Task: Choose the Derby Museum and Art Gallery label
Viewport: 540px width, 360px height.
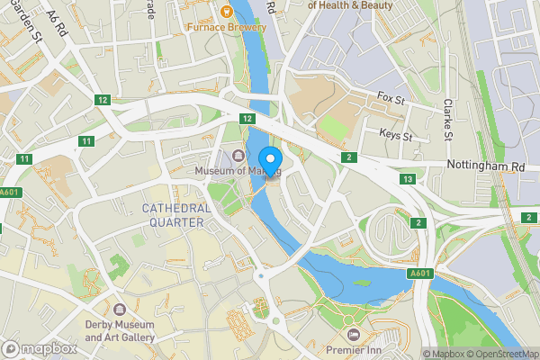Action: point(120,330)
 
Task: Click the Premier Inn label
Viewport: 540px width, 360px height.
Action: point(353,347)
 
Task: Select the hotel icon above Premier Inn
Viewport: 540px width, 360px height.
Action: point(353,332)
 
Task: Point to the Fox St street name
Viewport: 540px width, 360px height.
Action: point(393,96)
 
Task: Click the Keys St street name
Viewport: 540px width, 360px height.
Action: point(395,136)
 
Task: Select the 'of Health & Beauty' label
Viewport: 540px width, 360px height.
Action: point(351,5)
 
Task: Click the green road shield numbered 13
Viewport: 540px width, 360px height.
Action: point(409,180)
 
